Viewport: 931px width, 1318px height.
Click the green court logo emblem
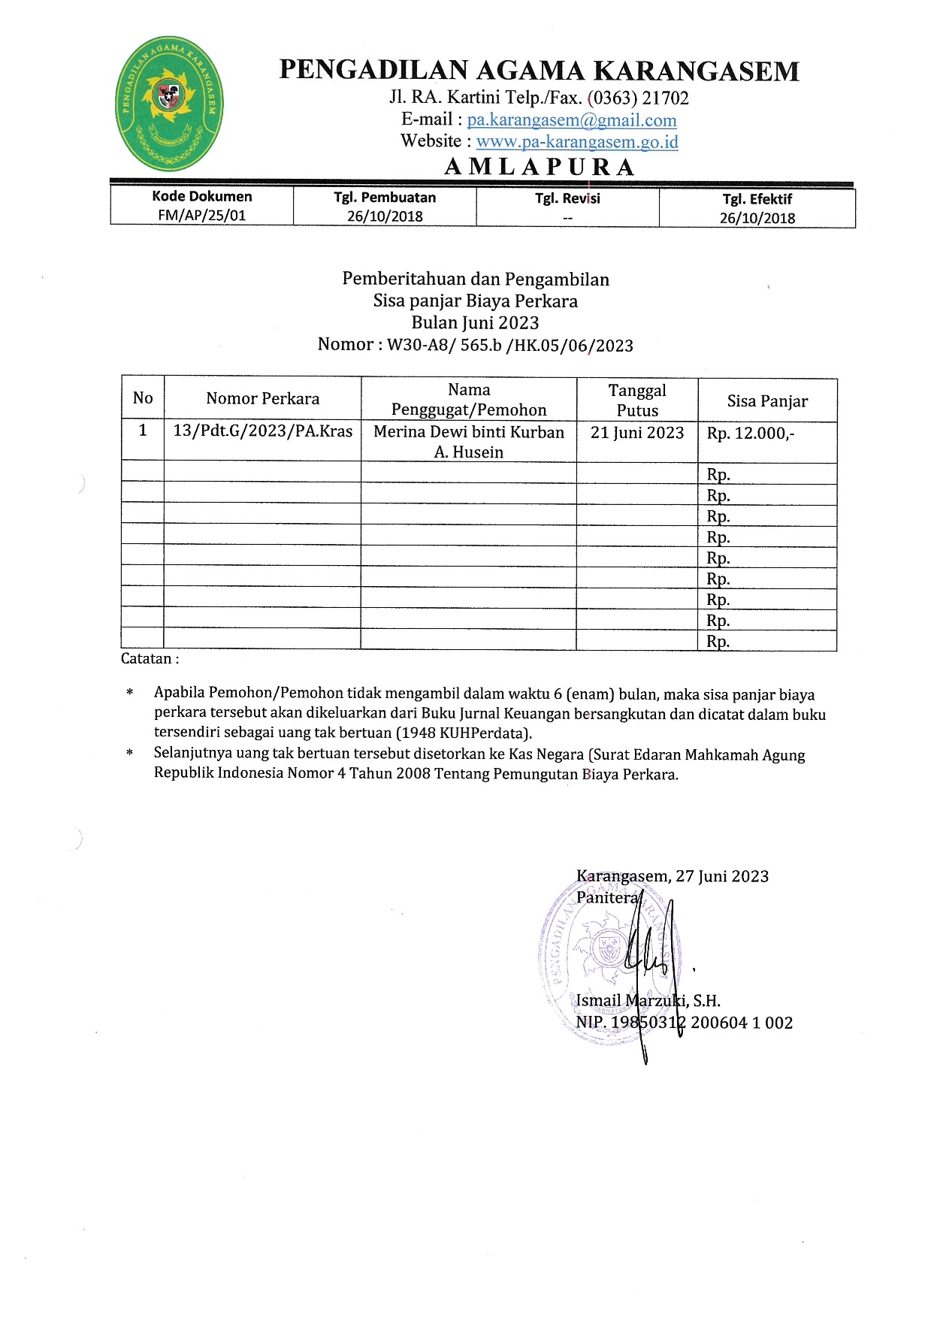coord(170,104)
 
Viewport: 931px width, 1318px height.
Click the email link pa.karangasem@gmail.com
coord(572,120)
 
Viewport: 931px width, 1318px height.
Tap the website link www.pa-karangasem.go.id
coord(577,141)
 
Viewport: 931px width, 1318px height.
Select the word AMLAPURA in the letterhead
coord(540,167)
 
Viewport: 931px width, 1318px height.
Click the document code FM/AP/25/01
coord(201,215)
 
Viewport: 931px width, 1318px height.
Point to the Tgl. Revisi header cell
coord(567,198)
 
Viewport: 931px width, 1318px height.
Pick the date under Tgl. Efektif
coord(757,218)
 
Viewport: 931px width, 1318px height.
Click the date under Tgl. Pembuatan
coord(385,216)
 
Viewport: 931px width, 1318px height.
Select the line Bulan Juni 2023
coord(475,323)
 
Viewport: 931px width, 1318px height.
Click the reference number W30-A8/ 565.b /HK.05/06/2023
coord(509,346)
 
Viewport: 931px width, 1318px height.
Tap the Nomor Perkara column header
coord(262,399)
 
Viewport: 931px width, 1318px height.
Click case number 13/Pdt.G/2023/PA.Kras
coord(262,431)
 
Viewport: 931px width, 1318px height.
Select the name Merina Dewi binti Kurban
coord(469,432)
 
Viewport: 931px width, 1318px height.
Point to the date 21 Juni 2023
coord(637,433)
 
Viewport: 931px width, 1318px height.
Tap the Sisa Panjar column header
coord(767,401)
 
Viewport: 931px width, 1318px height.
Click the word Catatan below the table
coord(147,659)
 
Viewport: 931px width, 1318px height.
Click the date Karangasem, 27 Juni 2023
coord(672,876)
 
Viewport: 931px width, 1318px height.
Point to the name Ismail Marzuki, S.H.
coord(648,1001)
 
